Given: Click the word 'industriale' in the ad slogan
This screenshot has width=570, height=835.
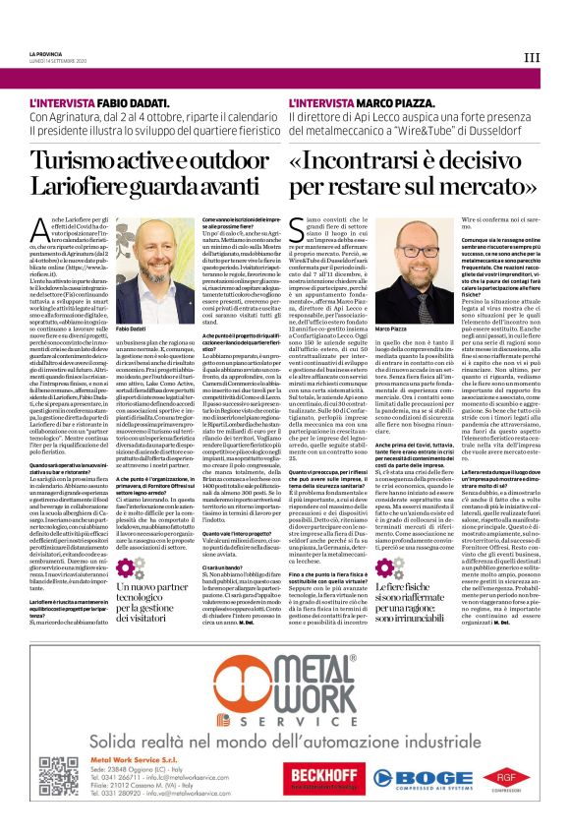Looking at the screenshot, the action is point(484,734).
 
